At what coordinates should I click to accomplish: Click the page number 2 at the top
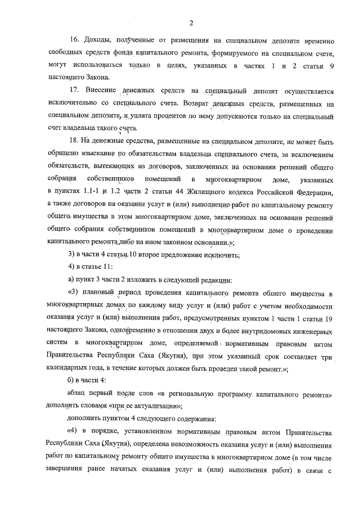(x=191, y=22)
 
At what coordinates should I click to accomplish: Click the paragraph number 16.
(x=74, y=41)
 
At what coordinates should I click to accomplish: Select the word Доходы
(x=98, y=41)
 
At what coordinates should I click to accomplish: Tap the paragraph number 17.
(x=74, y=91)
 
